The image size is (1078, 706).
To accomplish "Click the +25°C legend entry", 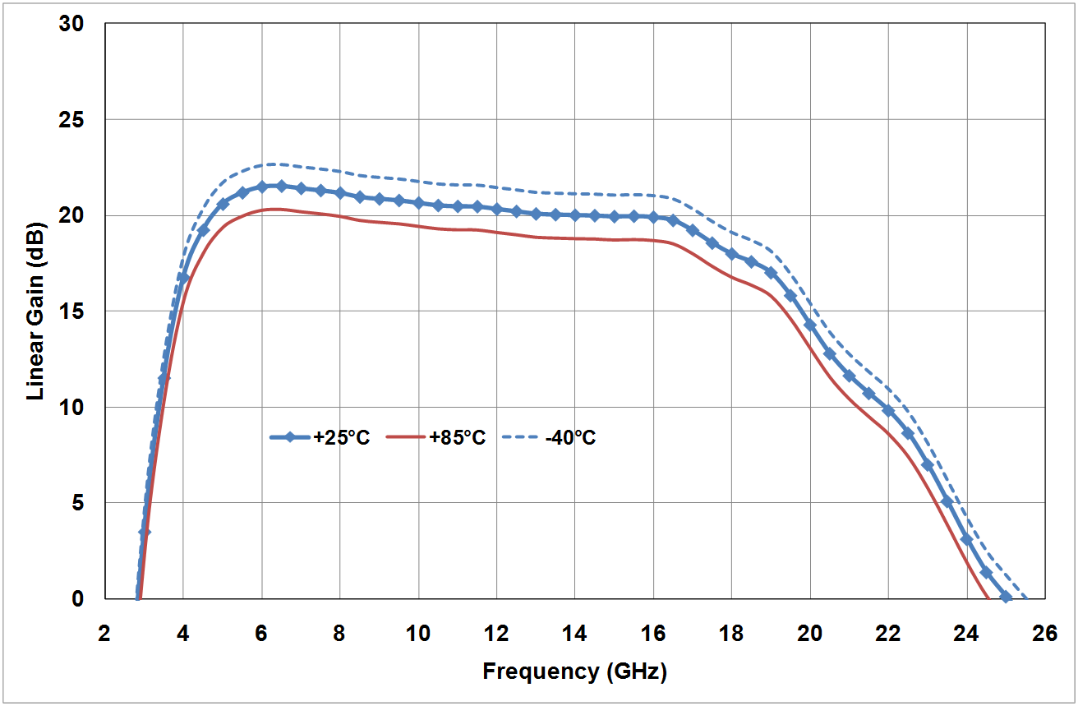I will pyautogui.click(x=341, y=438).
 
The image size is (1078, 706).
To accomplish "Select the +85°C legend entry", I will pyautogui.click(x=457, y=438).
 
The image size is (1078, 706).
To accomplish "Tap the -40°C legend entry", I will pyautogui.click(x=570, y=438).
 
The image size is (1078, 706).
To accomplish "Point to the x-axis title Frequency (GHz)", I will pyautogui.click(x=574, y=671).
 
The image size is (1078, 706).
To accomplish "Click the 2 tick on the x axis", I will pyautogui.click(x=104, y=634).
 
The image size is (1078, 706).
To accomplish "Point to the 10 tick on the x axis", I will pyautogui.click(x=418, y=634).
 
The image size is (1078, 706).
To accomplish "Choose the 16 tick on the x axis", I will pyautogui.click(x=653, y=634).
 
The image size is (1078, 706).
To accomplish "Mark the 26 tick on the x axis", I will pyautogui.click(x=1045, y=634).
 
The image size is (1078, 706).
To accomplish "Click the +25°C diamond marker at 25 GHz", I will pyautogui.click(x=1006, y=597).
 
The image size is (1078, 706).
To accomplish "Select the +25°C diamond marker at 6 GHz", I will pyautogui.click(x=262, y=187).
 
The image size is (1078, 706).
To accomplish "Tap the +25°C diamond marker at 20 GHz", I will pyautogui.click(x=810, y=325).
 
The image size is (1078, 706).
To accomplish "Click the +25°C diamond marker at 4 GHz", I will pyautogui.click(x=183, y=278).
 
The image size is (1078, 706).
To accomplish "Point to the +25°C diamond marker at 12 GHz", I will pyautogui.click(x=497, y=209).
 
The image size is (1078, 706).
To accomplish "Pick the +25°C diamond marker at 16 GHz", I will pyautogui.click(x=653, y=217).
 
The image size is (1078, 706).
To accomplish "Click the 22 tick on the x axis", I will pyautogui.click(x=888, y=634).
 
